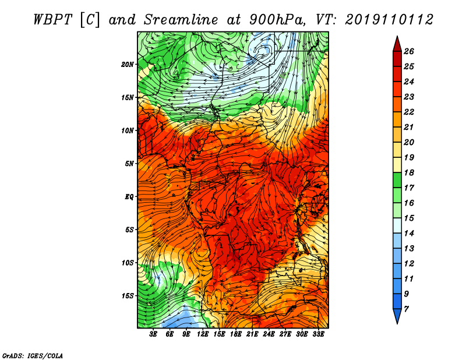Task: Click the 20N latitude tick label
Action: click(x=128, y=65)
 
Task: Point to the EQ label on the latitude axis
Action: click(x=129, y=197)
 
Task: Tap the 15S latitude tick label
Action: click(x=128, y=296)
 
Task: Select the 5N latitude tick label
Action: click(x=129, y=164)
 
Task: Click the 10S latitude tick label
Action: click(x=128, y=263)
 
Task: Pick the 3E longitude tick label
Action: click(x=153, y=334)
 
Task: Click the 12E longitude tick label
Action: click(x=203, y=334)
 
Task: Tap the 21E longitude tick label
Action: click(x=252, y=334)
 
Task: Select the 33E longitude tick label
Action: click(x=318, y=334)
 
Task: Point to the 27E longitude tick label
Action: click(x=285, y=334)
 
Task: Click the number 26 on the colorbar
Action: click(x=409, y=51)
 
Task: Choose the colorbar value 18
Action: click(x=409, y=172)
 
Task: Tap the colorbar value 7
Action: click(x=406, y=309)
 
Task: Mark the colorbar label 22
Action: click(x=409, y=112)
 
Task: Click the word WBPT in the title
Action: click(x=53, y=20)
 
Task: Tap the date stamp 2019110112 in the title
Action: click(x=389, y=20)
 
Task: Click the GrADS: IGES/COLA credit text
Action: click(x=33, y=356)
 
